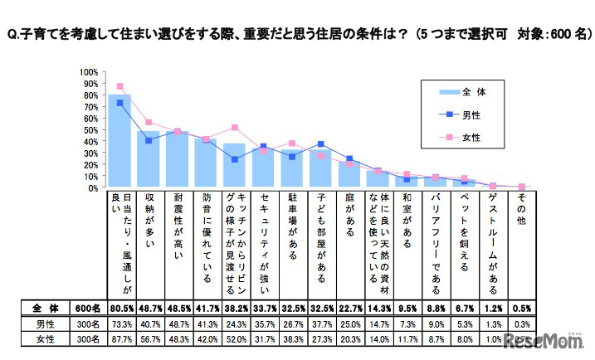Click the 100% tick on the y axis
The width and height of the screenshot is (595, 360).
pos(89,72)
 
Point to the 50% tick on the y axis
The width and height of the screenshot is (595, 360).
pos(90,130)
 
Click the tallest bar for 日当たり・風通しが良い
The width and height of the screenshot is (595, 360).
pos(119,141)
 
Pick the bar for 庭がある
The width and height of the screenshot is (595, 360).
pos(349,174)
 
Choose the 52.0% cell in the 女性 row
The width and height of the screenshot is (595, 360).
pos(235,339)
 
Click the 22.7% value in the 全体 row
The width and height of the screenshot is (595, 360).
pos(349,309)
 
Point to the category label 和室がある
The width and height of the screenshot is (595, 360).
pos(407,223)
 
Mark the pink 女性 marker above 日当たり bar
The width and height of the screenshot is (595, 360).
pos(119,86)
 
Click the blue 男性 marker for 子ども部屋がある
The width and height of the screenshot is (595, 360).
pos(320,144)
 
